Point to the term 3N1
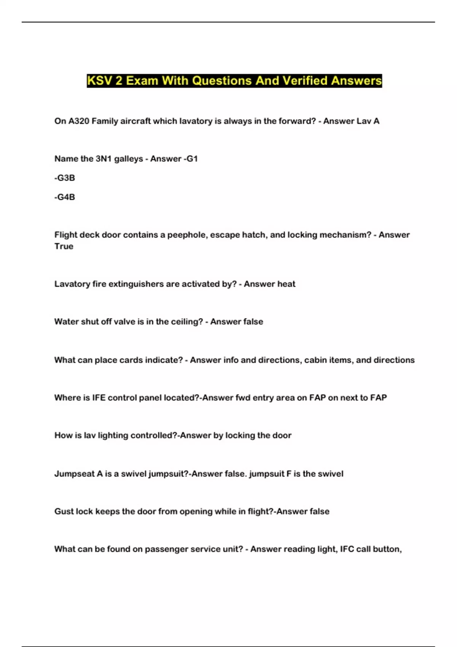point(103,159)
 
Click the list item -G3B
point(65,178)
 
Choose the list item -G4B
point(65,197)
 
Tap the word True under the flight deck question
point(64,246)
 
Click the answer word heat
point(286,284)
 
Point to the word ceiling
point(187,322)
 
